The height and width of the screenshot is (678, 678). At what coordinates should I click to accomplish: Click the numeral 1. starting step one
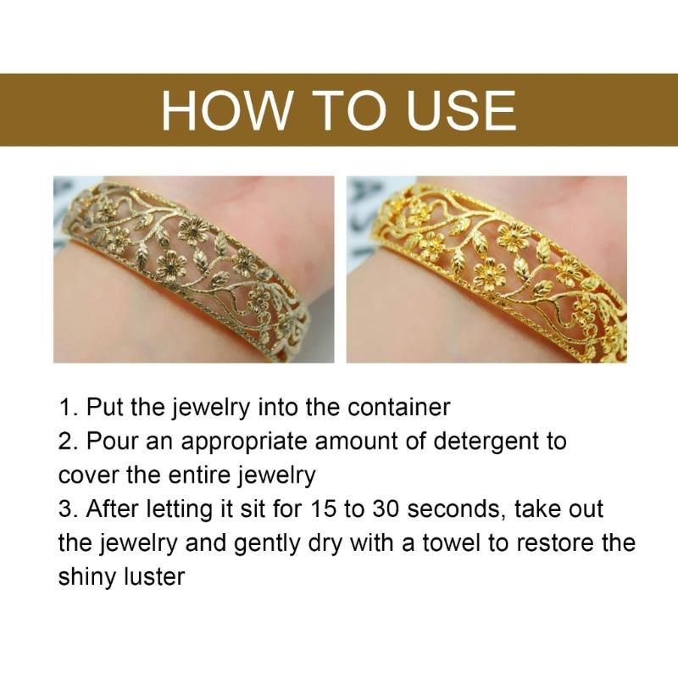point(69,407)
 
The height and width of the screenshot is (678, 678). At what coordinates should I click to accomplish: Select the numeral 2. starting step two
point(69,441)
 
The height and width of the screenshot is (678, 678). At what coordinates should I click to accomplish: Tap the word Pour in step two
point(112,441)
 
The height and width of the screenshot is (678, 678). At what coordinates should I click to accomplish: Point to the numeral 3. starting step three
point(69,508)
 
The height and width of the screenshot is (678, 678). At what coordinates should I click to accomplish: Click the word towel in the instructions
point(452,542)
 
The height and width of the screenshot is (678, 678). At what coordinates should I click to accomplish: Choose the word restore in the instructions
point(554,542)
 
